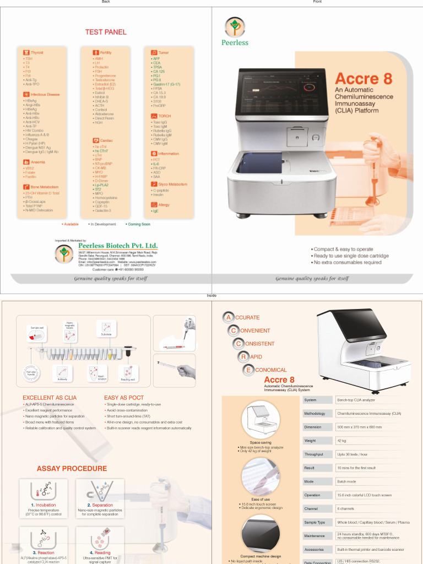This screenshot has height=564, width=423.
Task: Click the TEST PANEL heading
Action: (x=105, y=32)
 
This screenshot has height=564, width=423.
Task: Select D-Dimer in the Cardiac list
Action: (x=101, y=181)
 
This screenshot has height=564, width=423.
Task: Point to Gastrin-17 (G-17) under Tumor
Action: (x=166, y=84)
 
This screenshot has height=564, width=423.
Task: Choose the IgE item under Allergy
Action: (x=155, y=210)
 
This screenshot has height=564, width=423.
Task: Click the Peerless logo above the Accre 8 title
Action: (x=235, y=28)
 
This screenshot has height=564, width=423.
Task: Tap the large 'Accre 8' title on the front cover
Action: (x=364, y=79)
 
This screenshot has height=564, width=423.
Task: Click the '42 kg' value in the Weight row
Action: (x=341, y=441)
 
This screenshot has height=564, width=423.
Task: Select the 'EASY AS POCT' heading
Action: (x=124, y=397)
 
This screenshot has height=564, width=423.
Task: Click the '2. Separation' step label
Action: (x=100, y=505)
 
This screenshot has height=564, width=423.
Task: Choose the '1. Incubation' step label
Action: (x=44, y=505)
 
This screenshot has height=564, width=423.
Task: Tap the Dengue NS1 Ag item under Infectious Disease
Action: (x=37, y=148)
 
